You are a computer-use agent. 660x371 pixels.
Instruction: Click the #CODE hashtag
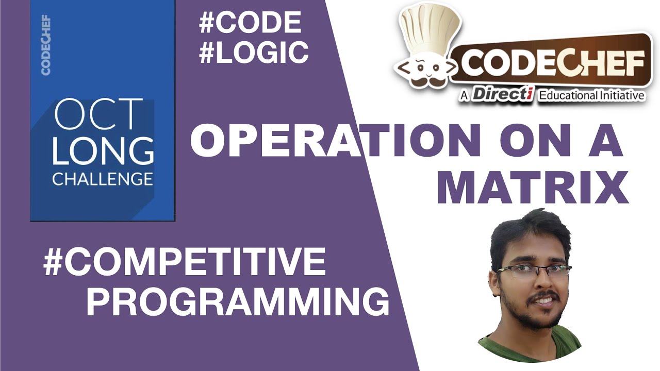(x=250, y=23)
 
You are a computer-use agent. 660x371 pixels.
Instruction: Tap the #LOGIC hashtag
(x=254, y=53)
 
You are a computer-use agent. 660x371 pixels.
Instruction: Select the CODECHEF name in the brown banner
(x=552, y=64)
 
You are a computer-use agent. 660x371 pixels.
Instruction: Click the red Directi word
(x=502, y=94)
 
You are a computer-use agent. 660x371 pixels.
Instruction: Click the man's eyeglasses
(x=533, y=271)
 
